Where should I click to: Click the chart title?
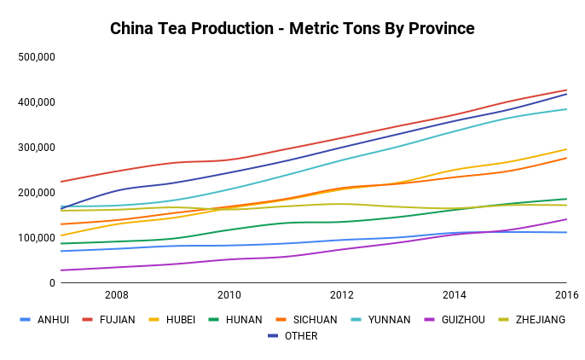click(x=292, y=29)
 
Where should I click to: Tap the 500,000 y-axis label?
click(x=37, y=57)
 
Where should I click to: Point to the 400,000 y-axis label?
click(x=37, y=102)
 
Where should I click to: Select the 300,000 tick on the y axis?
click(x=37, y=148)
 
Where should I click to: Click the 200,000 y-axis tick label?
click(x=37, y=193)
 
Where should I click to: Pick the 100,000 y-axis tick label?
click(x=37, y=238)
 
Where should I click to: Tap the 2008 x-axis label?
click(x=116, y=295)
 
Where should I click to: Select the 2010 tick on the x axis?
click(x=229, y=295)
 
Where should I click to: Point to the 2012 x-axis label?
click(x=342, y=295)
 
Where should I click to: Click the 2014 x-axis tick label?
click(x=455, y=295)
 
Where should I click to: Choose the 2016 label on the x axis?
click(x=566, y=295)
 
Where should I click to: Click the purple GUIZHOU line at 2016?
click(x=566, y=219)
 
